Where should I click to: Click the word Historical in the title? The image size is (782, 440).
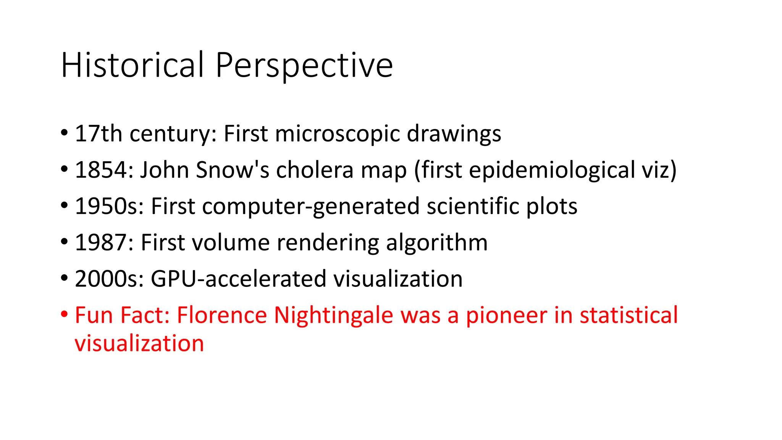click(x=132, y=65)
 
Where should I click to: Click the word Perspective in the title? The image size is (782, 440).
click(x=304, y=65)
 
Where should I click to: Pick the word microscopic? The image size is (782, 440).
click(x=337, y=134)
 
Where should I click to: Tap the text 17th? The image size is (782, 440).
click(x=99, y=134)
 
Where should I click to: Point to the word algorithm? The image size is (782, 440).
click(x=437, y=243)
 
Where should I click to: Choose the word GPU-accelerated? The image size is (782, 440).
click(x=239, y=279)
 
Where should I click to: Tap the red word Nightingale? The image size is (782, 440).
click(x=333, y=316)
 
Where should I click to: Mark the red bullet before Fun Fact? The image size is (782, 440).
click(x=64, y=315)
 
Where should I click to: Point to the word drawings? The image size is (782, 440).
click(x=454, y=134)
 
